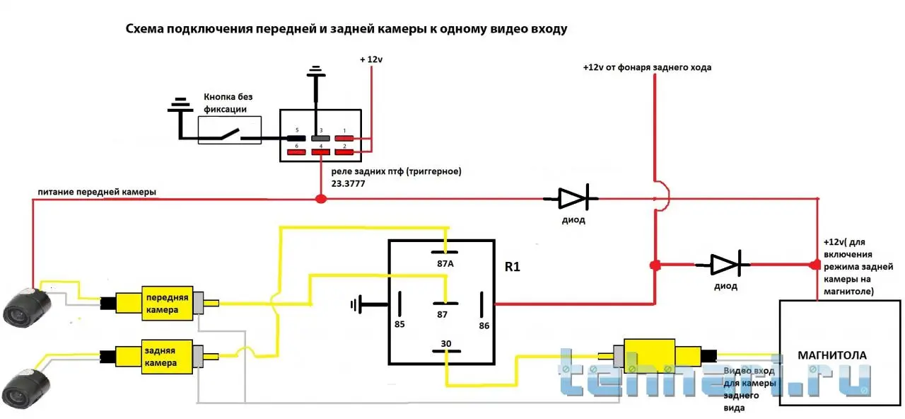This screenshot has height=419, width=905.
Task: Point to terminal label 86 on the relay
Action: pos(484,326)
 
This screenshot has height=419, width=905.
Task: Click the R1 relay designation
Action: pos(513,268)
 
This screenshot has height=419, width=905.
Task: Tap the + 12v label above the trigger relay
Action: pos(370,60)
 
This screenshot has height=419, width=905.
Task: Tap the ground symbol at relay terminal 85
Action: pos(356,305)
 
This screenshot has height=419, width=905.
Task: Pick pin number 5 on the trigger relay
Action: pos(297,131)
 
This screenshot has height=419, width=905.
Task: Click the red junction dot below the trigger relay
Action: pos(320,199)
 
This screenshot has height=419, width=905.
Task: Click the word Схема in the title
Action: pos(145,30)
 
